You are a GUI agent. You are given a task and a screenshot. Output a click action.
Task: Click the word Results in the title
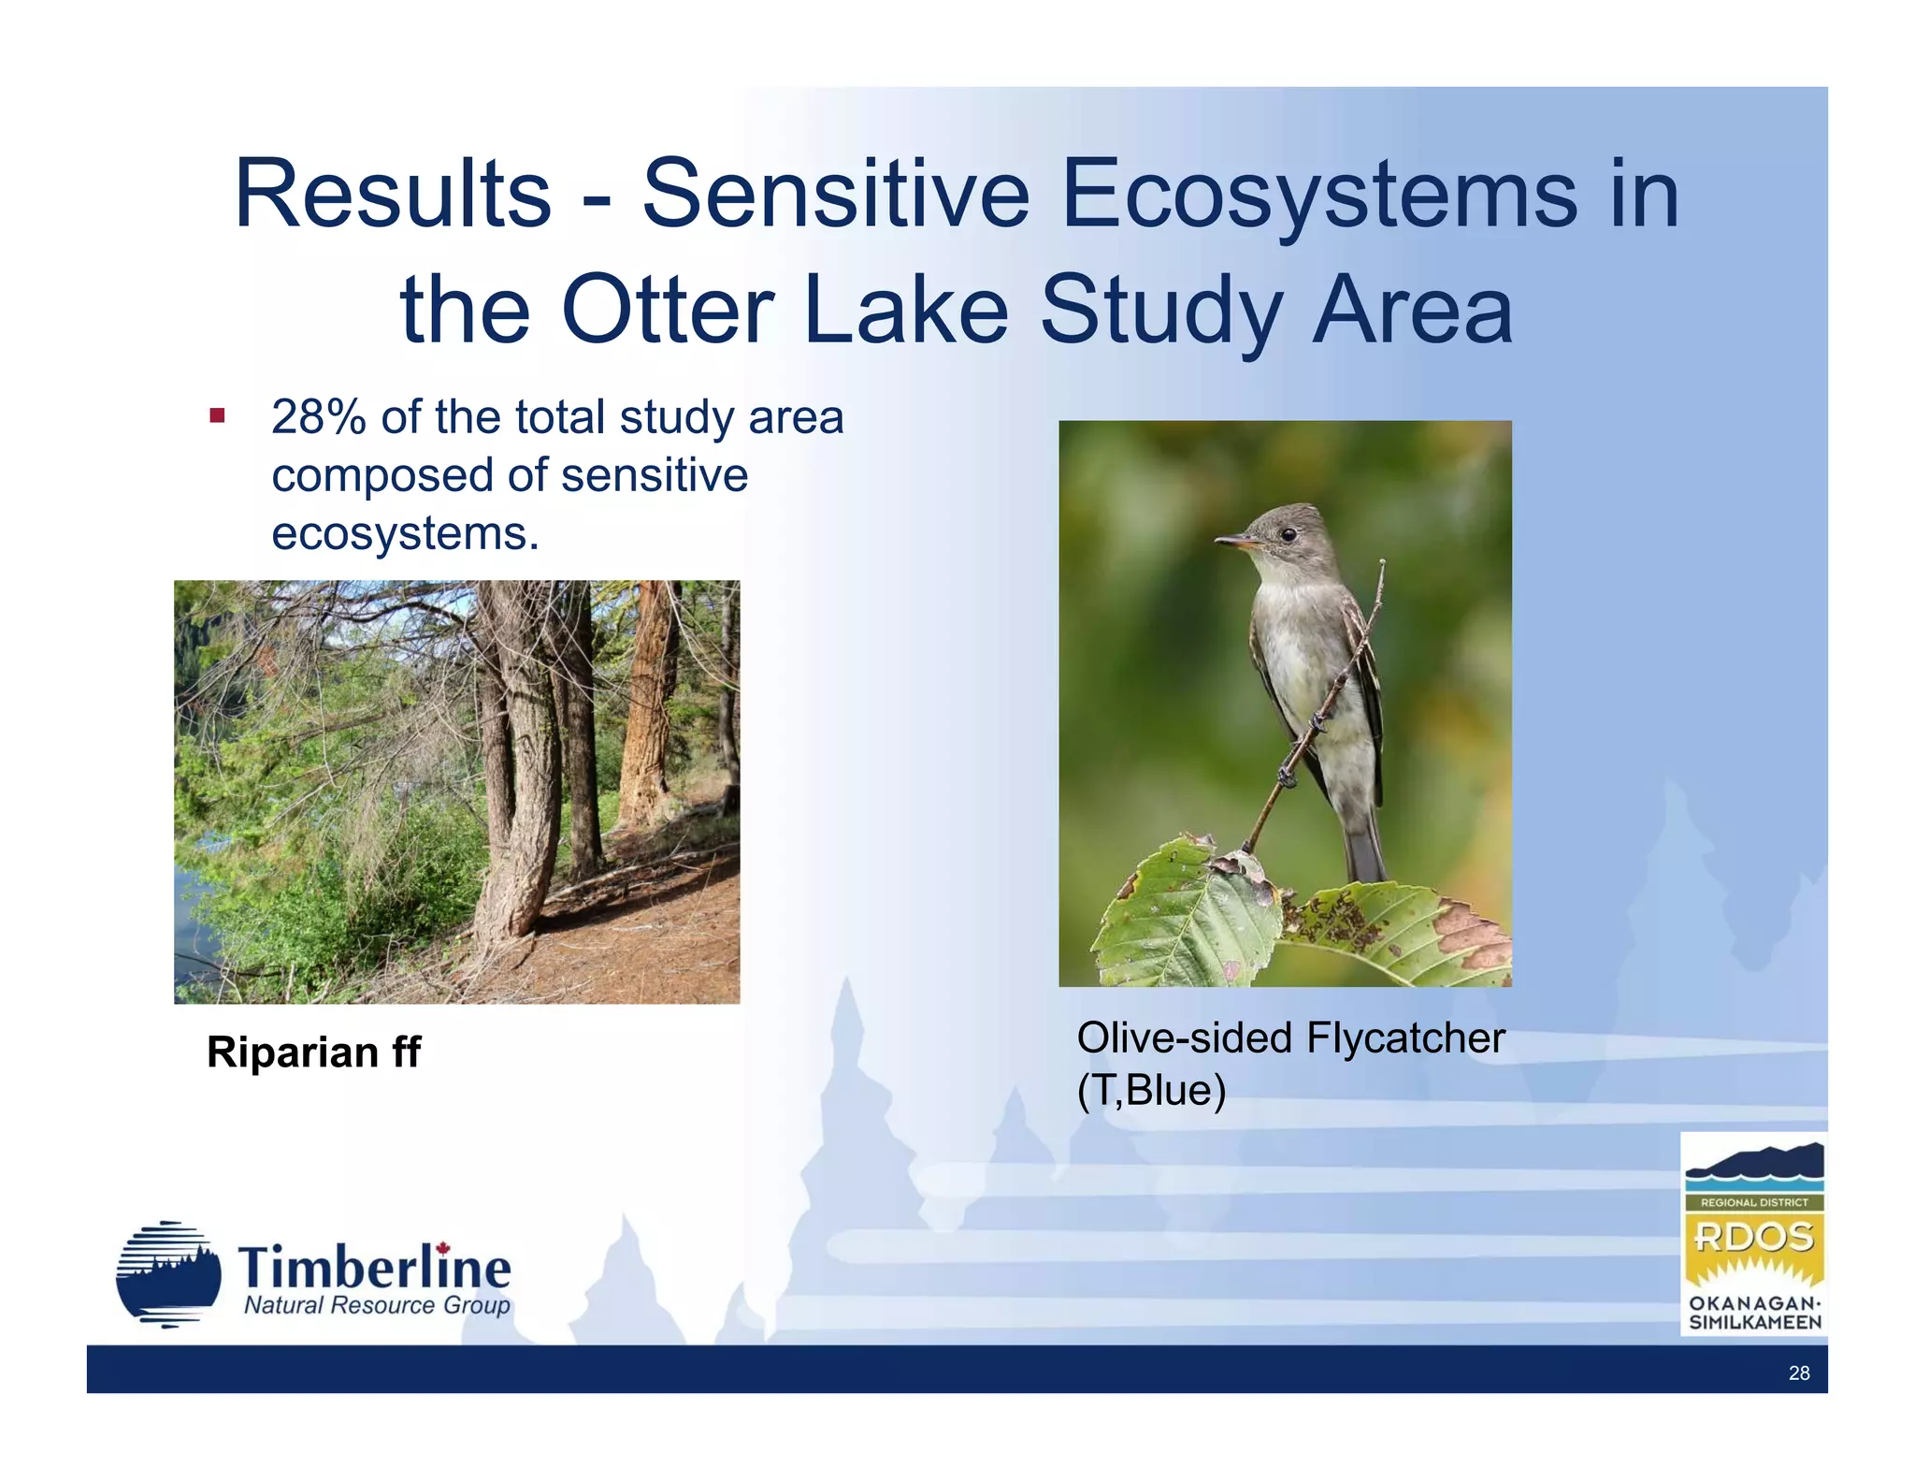point(393,194)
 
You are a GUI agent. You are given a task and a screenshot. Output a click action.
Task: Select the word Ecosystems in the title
point(1318,194)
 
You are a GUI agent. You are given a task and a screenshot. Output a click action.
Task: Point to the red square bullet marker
point(217,415)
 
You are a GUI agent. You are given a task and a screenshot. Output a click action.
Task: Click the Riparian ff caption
point(313,1052)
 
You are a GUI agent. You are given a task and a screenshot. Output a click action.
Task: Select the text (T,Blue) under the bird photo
point(1150,1090)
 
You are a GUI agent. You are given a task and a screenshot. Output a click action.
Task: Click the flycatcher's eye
point(1289,534)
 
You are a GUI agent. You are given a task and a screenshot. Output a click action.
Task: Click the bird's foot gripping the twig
point(1289,775)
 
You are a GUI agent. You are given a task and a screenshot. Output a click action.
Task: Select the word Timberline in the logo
point(374,1268)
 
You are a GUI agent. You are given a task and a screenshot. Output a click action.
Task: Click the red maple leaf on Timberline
point(443,1249)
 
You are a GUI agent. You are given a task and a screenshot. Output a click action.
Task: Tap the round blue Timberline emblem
point(168,1274)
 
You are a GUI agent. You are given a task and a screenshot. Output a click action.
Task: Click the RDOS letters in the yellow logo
point(1753,1237)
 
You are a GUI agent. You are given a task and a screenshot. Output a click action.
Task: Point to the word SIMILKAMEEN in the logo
point(1754,1323)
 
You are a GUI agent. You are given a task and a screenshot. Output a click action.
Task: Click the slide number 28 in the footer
point(1798,1372)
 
